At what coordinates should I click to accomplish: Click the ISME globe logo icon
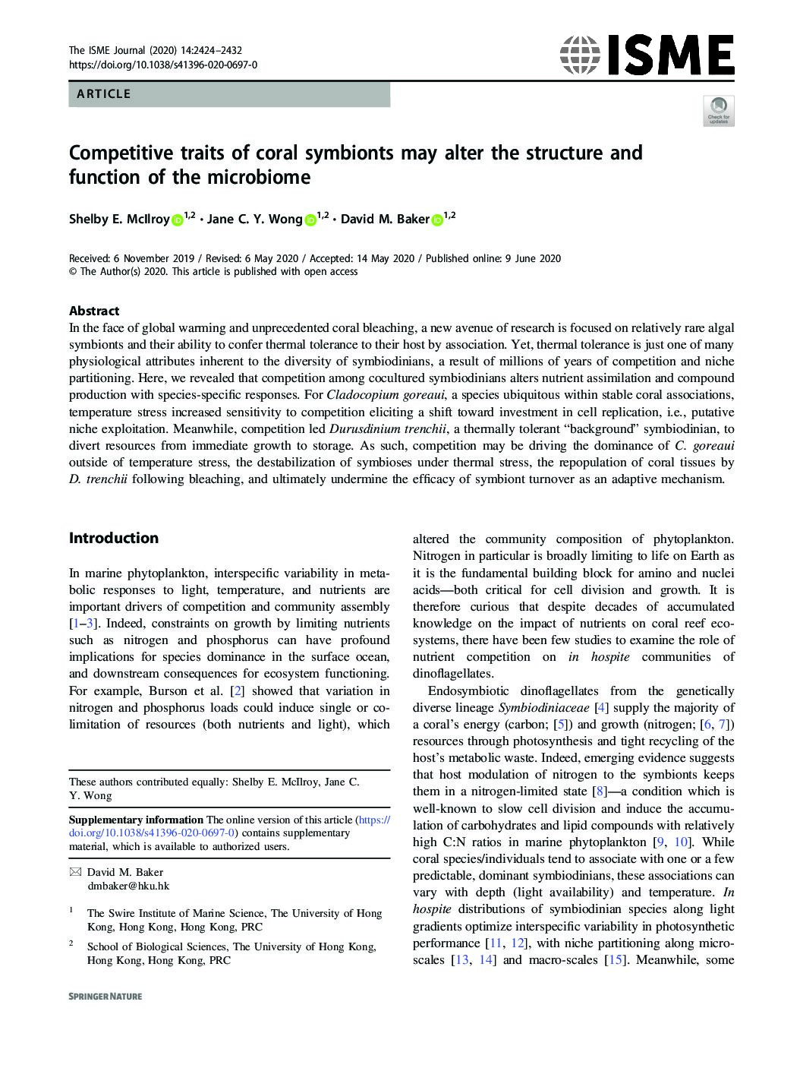580,55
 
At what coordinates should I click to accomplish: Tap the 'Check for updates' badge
718,111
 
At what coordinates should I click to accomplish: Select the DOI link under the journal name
162,65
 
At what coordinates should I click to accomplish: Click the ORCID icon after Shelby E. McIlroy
177,220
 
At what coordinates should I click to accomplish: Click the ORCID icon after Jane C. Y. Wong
310,220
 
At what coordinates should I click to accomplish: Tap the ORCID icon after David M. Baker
436,220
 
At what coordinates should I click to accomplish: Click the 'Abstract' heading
94,311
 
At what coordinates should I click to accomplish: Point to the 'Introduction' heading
114,538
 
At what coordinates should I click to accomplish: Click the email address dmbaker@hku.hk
128,886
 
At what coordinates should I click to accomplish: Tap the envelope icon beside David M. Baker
74,872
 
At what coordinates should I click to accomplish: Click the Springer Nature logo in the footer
105,996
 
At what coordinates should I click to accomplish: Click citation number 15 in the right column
614,960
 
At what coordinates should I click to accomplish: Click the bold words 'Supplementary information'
136,820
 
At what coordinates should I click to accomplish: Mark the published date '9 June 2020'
533,258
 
